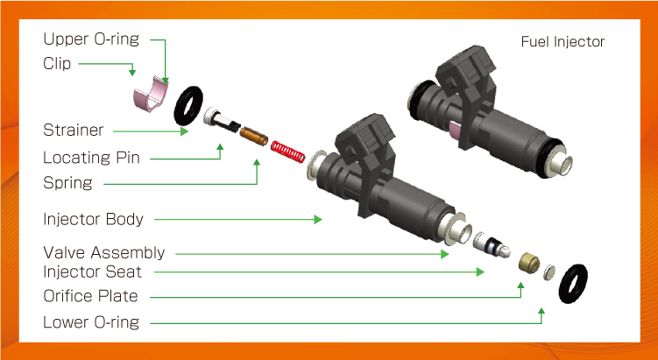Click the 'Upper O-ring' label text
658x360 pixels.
point(91,39)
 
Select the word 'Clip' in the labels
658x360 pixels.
point(57,64)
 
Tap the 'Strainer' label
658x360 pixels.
point(74,130)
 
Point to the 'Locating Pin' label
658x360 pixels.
point(91,159)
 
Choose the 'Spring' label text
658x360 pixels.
point(68,183)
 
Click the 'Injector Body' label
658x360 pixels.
point(93,220)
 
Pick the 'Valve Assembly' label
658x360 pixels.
point(104,253)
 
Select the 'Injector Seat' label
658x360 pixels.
point(92,272)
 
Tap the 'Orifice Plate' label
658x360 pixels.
point(90,296)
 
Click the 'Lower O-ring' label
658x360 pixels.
point(91,322)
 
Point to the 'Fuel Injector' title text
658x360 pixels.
point(562,42)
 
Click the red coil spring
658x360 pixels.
point(288,152)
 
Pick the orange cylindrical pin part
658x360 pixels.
point(254,136)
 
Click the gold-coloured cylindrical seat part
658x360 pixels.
point(529,263)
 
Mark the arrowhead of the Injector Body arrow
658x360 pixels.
point(318,220)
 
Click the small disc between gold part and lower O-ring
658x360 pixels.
point(549,272)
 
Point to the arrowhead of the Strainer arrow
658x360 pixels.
point(184,131)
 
